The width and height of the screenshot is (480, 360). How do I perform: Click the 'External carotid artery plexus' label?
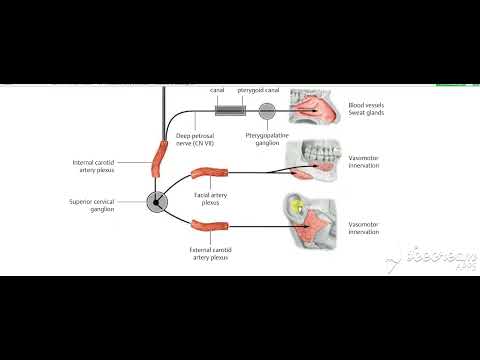207,252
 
